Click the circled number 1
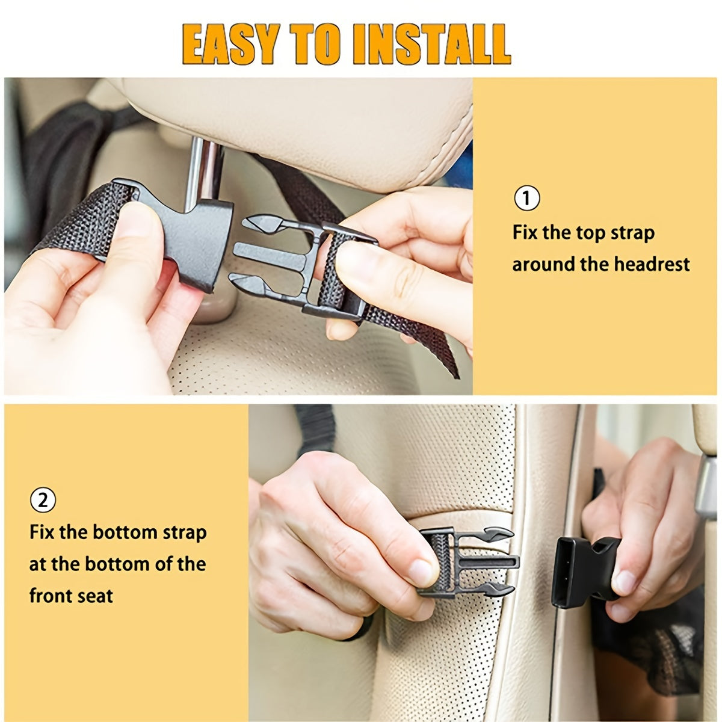tap(527, 199)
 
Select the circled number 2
tap(43, 499)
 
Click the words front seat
tap(71, 596)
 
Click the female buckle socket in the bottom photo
tap(581, 569)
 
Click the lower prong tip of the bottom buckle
tap(499, 590)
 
